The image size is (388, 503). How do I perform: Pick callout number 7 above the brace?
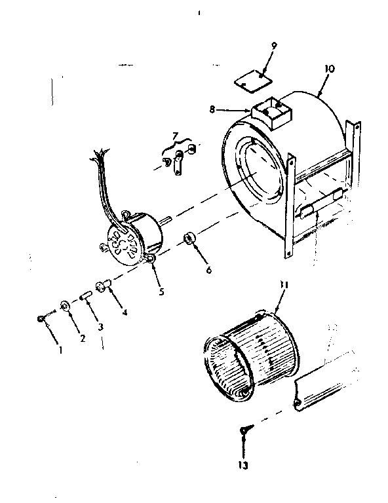point(175,136)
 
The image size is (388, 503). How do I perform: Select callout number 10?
point(328,69)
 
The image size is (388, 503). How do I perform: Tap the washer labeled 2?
point(65,306)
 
